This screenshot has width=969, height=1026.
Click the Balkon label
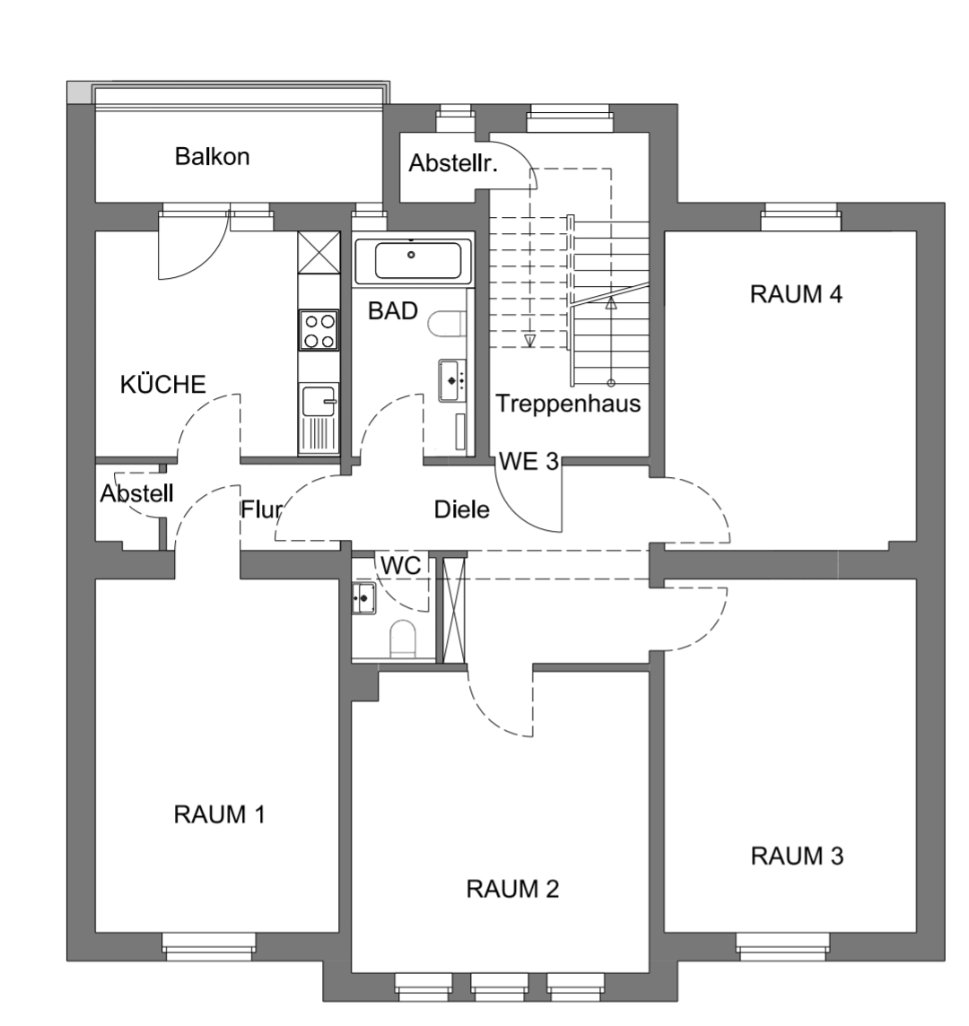212,157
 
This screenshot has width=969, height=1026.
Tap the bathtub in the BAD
413,260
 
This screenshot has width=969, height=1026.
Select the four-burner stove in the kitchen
319,330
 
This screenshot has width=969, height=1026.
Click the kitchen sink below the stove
319,418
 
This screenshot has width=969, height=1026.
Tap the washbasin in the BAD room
452,379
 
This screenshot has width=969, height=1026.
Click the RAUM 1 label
219,814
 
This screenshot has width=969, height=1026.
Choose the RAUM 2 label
512,890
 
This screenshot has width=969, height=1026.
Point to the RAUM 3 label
797,856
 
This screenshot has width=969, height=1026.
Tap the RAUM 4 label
796,294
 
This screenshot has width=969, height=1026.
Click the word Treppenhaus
568,404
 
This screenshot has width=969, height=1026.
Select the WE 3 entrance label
528,461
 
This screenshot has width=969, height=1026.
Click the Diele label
461,509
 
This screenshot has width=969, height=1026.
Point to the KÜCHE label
163,384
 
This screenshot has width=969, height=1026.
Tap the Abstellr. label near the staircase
453,163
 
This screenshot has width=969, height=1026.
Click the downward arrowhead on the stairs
529,341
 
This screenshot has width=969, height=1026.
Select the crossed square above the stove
319,252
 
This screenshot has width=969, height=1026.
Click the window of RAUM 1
208,946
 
